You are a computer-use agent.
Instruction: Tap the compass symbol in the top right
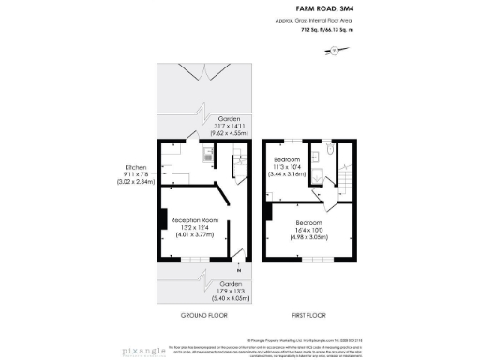click(x=336, y=50)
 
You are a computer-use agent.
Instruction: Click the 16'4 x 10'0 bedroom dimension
click(x=308, y=227)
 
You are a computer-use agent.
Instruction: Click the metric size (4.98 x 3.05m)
click(x=308, y=235)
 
